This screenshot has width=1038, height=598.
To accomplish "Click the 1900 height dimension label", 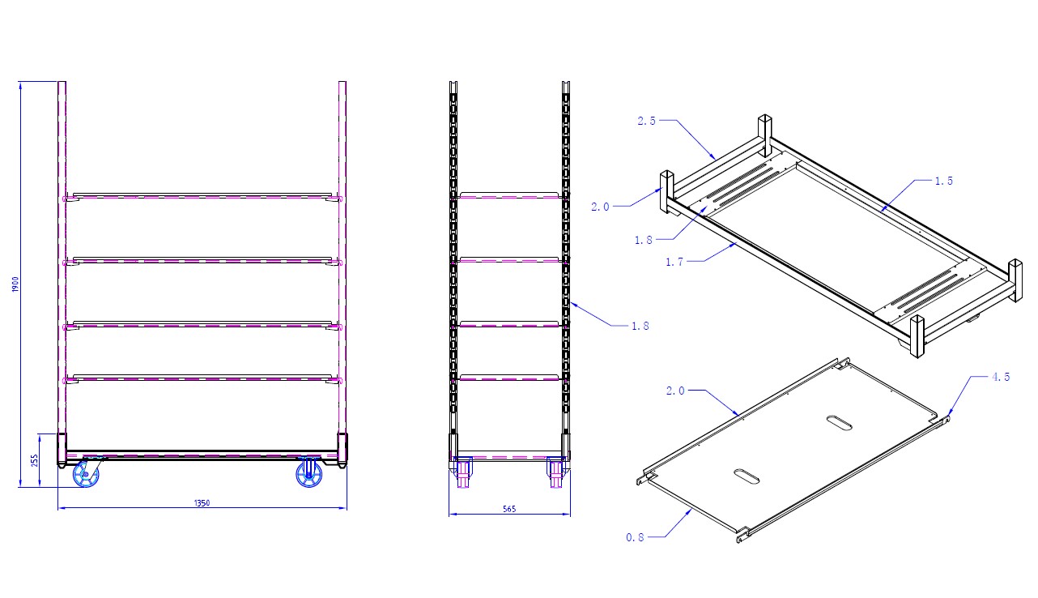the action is (15, 284).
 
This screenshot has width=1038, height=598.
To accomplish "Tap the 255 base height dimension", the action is (34, 461).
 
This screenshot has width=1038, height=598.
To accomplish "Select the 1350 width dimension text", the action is (202, 503).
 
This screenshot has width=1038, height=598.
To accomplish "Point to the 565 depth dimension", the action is (509, 509).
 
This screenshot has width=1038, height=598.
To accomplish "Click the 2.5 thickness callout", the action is (646, 121).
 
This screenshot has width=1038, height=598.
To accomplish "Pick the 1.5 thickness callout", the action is (944, 181).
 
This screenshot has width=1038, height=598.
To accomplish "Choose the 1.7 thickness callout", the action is (674, 262).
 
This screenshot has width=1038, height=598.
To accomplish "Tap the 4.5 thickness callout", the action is (1001, 377).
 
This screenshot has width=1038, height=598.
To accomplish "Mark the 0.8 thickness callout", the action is (635, 537).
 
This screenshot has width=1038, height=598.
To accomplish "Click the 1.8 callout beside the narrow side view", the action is (640, 326).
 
